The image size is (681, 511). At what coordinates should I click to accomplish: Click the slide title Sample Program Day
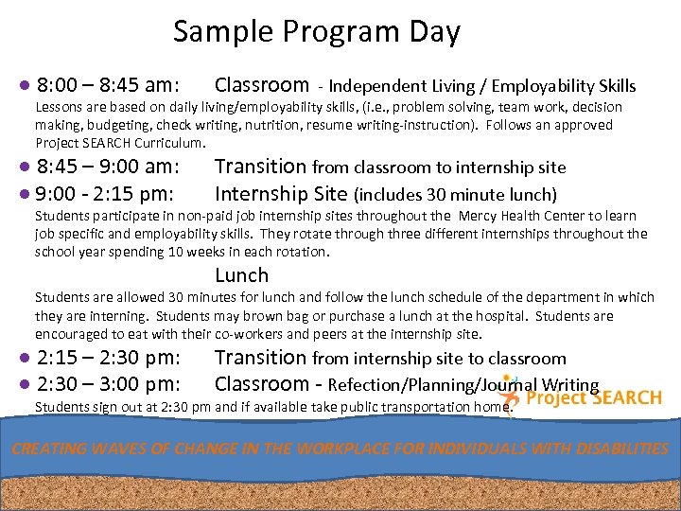point(316,32)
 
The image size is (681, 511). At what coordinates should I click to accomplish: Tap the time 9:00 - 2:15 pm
point(104,195)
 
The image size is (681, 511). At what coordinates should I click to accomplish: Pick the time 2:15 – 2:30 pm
point(109,359)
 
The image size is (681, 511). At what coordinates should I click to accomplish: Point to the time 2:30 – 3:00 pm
point(109,384)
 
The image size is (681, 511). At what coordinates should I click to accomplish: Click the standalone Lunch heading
point(241,276)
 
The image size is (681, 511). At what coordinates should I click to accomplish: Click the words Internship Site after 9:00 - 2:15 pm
point(281,195)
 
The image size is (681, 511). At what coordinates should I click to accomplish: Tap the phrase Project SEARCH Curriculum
point(119,143)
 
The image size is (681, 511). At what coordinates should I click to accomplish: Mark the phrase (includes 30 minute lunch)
point(455,196)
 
